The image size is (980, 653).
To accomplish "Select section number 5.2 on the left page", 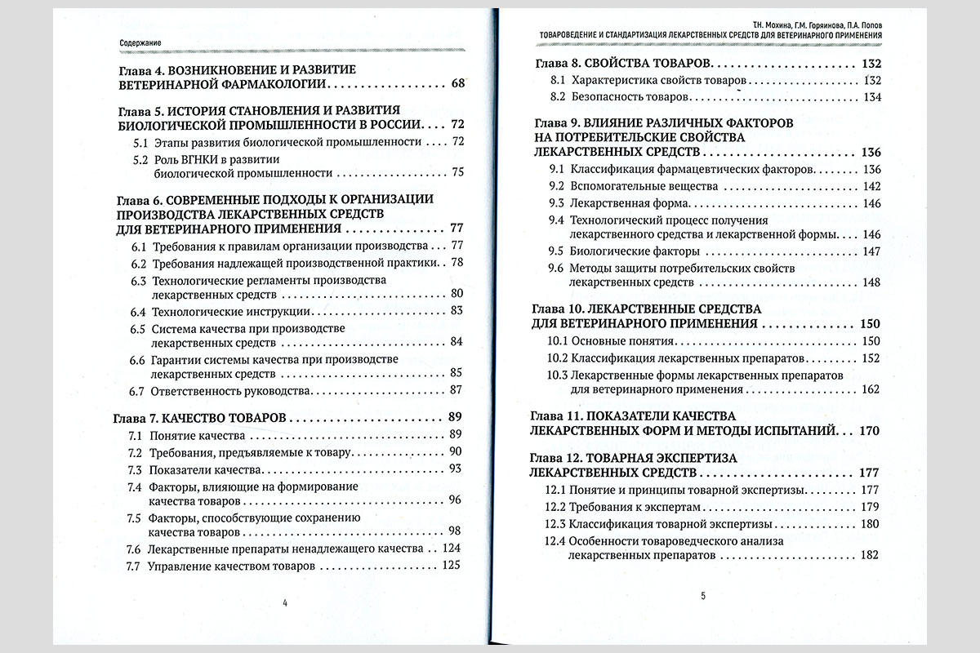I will tap(140, 158).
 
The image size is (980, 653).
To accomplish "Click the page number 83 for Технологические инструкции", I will tap(457, 310).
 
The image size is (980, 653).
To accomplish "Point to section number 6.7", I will tap(138, 390).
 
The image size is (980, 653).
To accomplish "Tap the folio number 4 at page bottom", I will tap(284, 603).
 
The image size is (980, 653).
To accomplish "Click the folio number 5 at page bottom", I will tap(703, 595).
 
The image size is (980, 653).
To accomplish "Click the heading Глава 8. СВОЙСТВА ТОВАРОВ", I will tap(624, 64).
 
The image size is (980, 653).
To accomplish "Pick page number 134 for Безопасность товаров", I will tap(872, 97).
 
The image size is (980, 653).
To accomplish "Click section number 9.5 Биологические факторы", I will tap(557, 251).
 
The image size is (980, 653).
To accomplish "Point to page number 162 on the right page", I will tap(870, 389).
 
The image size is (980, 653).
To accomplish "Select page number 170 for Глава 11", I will tap(869, 430).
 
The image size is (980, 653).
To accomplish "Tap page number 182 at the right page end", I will tap(869, 554).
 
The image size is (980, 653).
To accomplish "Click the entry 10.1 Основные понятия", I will tap(616, 340).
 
